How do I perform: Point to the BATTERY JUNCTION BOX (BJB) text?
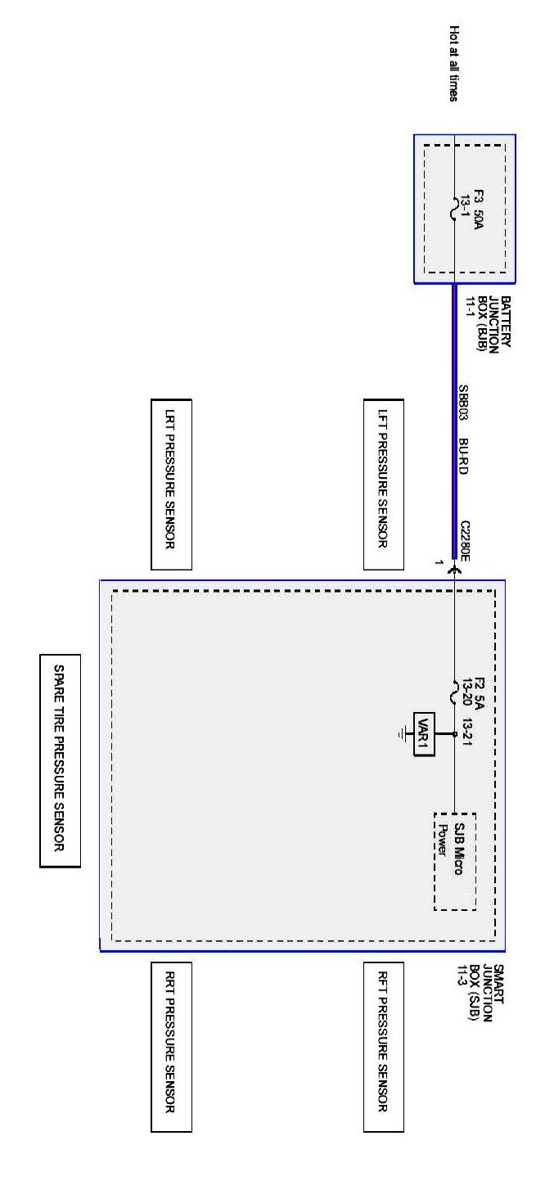pyautogui.click(x=493, y=322)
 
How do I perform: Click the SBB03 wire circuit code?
pyautogui.click(x=463, y=403)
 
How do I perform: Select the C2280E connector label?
pyautogui.click(x=465, y=540)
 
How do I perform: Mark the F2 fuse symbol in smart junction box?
pyautogui.click(x=455, y=694)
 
